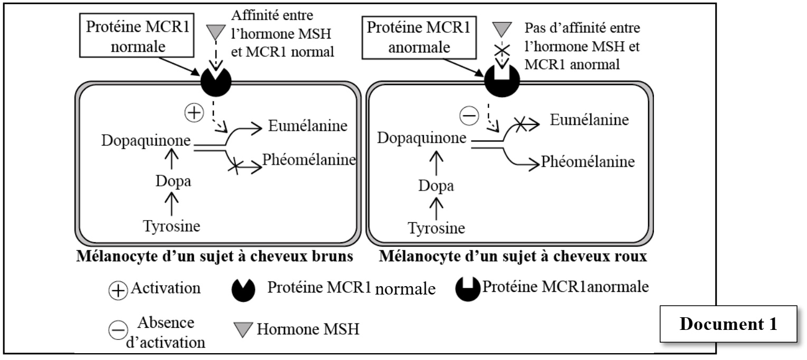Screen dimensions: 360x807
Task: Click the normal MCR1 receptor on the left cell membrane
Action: click(216, 81)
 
